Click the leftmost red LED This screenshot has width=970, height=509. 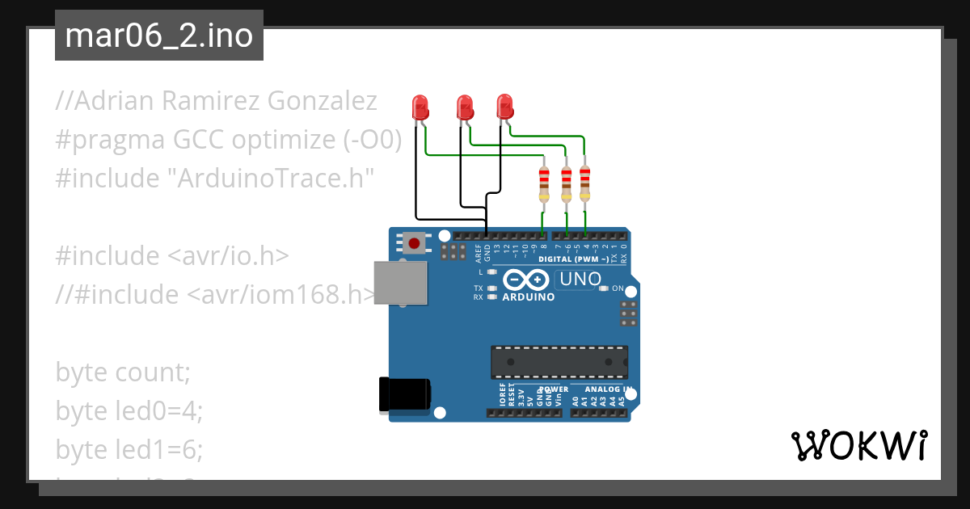pyautogui.click(x=420, y=107)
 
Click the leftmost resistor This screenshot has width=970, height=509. pyautogui.click(x=544, y=184)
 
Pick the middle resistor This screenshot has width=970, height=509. pyautogui.click(x=566, y=184)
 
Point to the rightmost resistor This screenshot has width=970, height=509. pyautogui.click(x=585, y=184)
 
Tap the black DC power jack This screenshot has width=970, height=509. pyautogui.click(x=406, y=395)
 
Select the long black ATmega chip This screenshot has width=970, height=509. pyautogui.click(x=559, y=362)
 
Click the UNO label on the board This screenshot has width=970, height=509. pyautogui.click(x=578, y=280)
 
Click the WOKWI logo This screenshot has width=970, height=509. pyautogui.click(x=858, y=445)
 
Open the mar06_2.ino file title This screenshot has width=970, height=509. pyautogui.click(x=158, y=36)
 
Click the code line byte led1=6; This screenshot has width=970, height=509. pyautogui.click(x=129, y=450)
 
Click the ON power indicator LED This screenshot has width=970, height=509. pyautogui.click(x=603, y=288)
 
